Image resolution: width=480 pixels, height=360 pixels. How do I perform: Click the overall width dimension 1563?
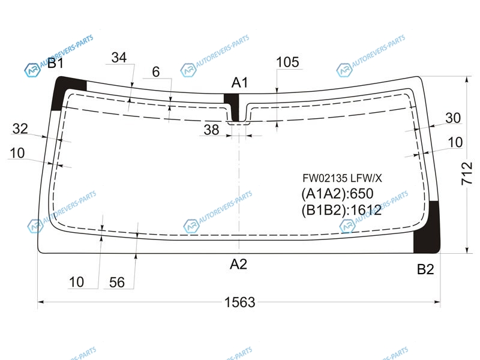coord(239,302)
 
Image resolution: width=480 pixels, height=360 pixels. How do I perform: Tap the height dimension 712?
coord(467,173)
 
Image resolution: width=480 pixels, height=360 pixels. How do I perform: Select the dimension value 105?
coord(287,62)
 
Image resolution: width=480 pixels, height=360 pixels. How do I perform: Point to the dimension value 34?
coord(119,57)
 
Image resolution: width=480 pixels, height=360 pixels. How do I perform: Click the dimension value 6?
coord(156,72)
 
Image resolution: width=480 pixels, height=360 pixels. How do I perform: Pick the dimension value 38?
coord(212,130)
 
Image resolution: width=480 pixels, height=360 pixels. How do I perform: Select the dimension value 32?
coord(20,128)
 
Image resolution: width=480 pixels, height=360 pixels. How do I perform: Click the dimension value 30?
coord(453,118)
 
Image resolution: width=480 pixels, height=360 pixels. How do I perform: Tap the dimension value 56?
coord(117,282)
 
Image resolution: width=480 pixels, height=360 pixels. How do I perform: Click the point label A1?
coord(239,83)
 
